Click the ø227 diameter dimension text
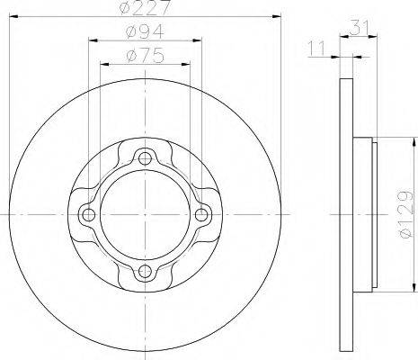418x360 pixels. tap(145, 7)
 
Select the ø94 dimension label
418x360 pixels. tap(145, 31)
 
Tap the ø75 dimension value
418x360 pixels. tap(146, 56)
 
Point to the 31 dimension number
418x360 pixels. tap(359, 27)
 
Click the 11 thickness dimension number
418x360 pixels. tap(316, 49)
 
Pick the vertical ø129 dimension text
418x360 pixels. tap(407, 214)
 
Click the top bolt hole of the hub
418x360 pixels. tap(145, 158)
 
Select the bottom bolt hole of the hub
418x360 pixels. tap(145, 271)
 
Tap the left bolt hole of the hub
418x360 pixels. tap(88, 214)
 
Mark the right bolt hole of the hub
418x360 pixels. tap(201, 214)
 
